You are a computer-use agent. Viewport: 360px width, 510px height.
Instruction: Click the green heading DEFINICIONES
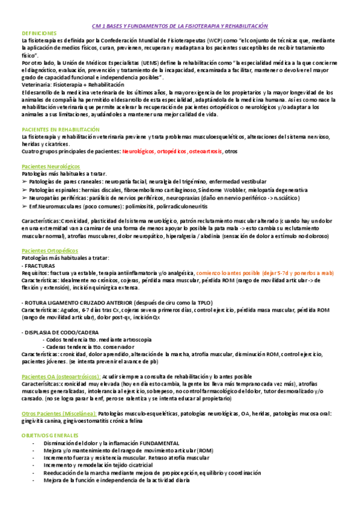click(x=39, y=33)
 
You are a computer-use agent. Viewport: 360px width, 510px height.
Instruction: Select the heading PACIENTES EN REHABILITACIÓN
click(x=60, y=129)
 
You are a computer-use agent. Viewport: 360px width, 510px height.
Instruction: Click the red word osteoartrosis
click(x=204, y=152)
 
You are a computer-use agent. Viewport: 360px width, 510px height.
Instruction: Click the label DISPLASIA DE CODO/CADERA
click(x=61, y=331)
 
